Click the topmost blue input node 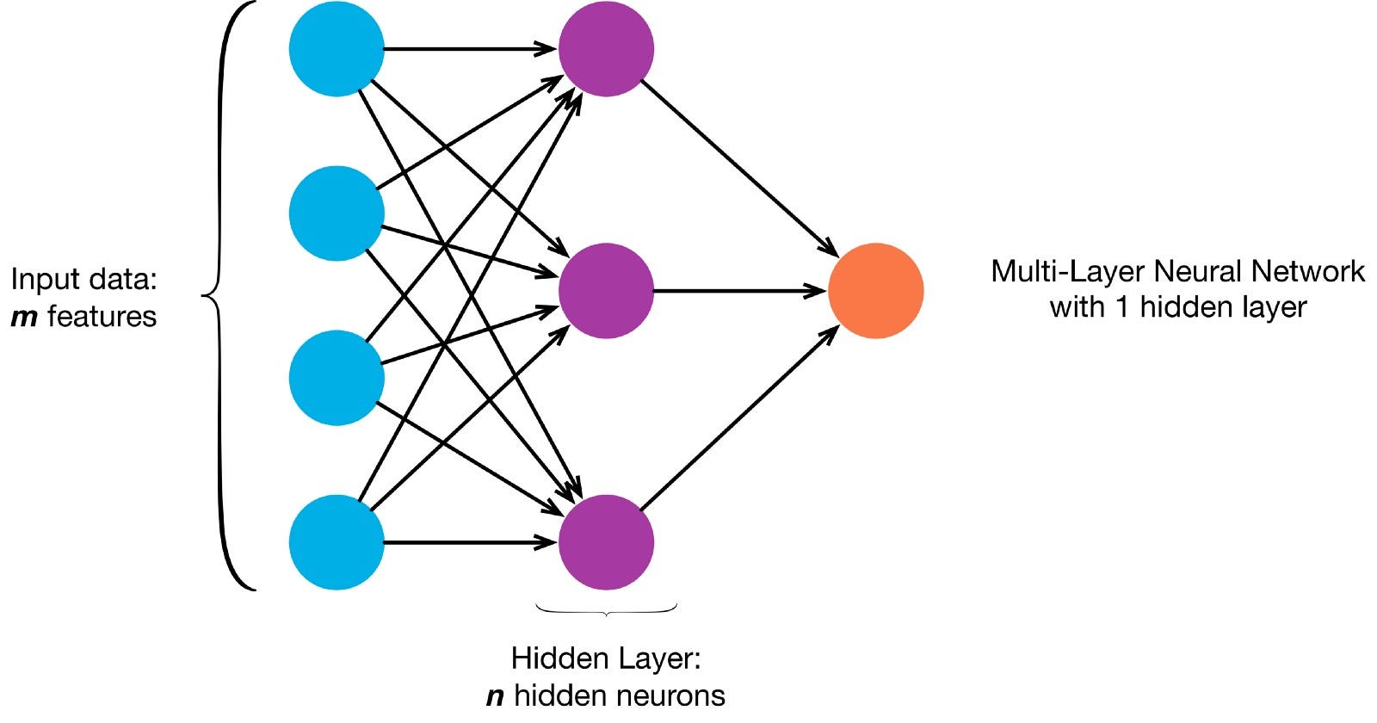337,49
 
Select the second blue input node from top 337,213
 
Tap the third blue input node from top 337,378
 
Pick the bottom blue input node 337,542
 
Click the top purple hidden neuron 606,49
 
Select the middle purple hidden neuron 606,291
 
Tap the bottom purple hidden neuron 606,542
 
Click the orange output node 875,291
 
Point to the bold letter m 24,318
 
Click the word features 102,317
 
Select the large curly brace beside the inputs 225,295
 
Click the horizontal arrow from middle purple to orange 740,291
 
